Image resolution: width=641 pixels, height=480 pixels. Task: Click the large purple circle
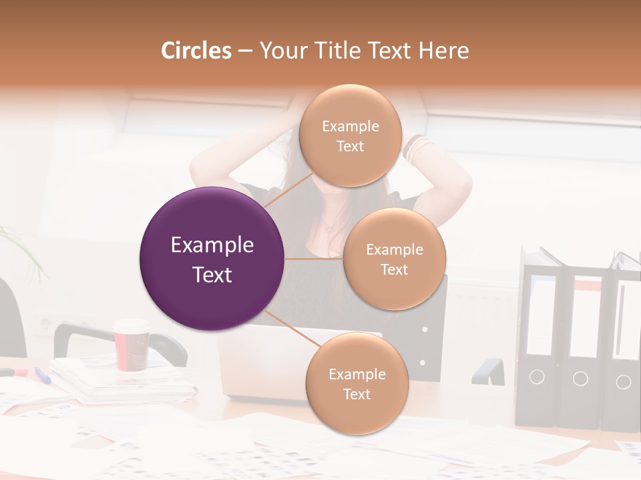point(212,259)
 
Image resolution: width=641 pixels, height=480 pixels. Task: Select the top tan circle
point(350,135)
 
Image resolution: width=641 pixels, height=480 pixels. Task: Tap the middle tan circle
point(394,259)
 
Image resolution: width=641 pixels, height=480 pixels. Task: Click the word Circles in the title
point(196,51)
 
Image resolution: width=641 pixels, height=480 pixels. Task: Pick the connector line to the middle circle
point(314,259)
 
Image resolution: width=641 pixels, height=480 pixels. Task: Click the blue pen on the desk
point(43,375)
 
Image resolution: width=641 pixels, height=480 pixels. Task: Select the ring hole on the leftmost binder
point(538,377)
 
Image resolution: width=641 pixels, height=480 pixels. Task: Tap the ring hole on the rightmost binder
point(623,381)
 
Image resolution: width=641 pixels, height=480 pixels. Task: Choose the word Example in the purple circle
point(212,245)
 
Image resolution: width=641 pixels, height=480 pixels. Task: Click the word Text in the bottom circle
point(357,394)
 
